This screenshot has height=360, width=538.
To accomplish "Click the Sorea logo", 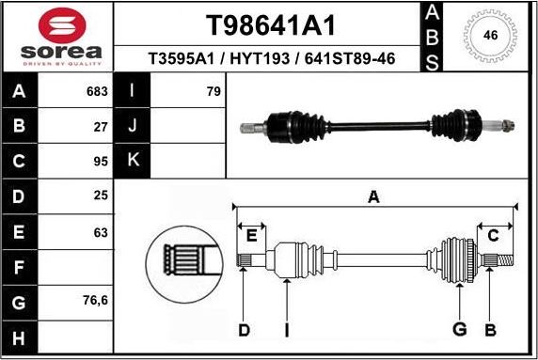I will pyautogui.click(x=55, y=38).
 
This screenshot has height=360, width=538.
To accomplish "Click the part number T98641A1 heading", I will pyautogui.click(x=270, y=24).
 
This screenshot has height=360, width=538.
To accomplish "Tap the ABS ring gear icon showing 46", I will pyautogui.click(x=489, y=37).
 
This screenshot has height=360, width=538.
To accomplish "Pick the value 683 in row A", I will pyautogui.click(x=97, y=92).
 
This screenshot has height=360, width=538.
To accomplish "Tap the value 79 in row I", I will pyautogui.click(x=213, y=92).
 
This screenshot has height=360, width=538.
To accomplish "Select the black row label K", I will pyautogui.click(x=133, y=159).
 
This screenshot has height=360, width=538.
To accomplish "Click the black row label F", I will pyautogui.click(x=20, y=268).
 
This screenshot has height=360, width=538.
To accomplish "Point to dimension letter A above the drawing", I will pyautogui.click(x=373, y=196).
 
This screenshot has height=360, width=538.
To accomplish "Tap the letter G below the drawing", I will pyautogui.click(x=459, y=329).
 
